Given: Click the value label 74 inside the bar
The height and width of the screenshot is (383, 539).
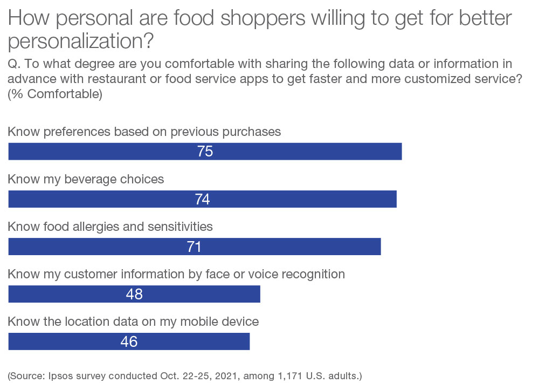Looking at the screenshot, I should click(x=202, y=200).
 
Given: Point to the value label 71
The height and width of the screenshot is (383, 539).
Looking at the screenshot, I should click(x=194, y=247).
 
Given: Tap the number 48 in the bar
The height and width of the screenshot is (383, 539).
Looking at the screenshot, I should click(x=134, y=295).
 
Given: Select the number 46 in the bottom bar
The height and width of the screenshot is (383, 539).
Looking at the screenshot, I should click(x=129, y=342).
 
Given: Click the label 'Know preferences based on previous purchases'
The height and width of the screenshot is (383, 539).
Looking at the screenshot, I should click(x=144, y=132).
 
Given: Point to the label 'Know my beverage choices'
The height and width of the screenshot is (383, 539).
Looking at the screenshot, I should click(x=86, y=179).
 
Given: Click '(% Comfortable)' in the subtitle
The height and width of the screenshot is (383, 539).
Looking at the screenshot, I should click(x=55, y=93).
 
